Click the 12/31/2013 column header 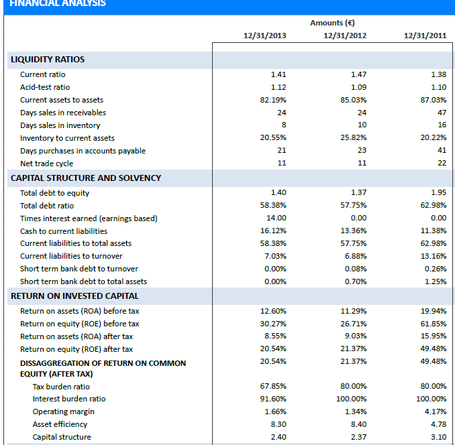tap(264, 36)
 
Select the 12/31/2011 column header tap(425, 36)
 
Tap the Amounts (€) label tap(345, 23)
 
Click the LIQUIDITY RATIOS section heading tap(48, 60)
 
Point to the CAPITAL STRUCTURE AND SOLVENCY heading tap(86, 178)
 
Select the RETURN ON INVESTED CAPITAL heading tap(74, 296)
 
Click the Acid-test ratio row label tap(45, 87)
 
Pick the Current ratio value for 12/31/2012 tap(358, 74)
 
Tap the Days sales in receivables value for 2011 tap(441, 113)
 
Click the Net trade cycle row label tap(47, 164)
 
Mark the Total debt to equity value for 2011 tap(438, 193)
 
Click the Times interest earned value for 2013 tap(276, 218)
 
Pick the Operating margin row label tap(64, 411)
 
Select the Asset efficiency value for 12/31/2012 tap(358, 424)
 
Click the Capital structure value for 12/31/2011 tap(438, 437)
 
